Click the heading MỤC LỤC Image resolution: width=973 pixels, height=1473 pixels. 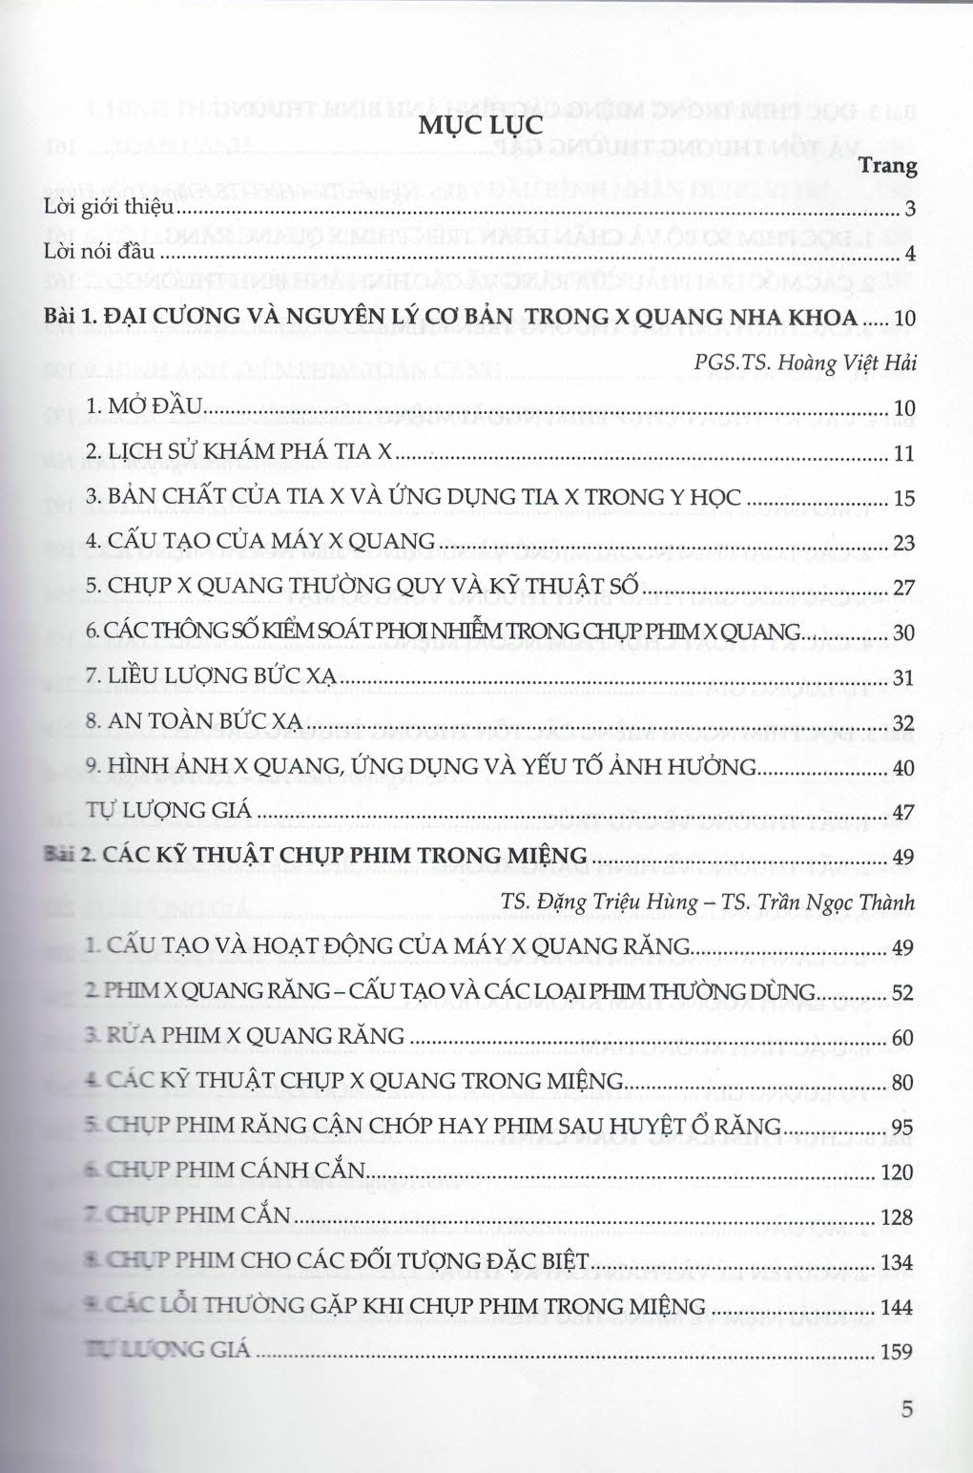(x=481, y=126)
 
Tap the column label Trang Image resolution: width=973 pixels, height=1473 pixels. (x=888, y=166)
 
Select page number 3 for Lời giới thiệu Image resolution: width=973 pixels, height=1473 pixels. (x=910, y=210)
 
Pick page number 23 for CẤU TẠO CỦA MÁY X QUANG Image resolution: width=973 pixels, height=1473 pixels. (x=903, y=545)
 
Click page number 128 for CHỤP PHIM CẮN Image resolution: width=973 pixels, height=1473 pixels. (x=899, y=1218)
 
